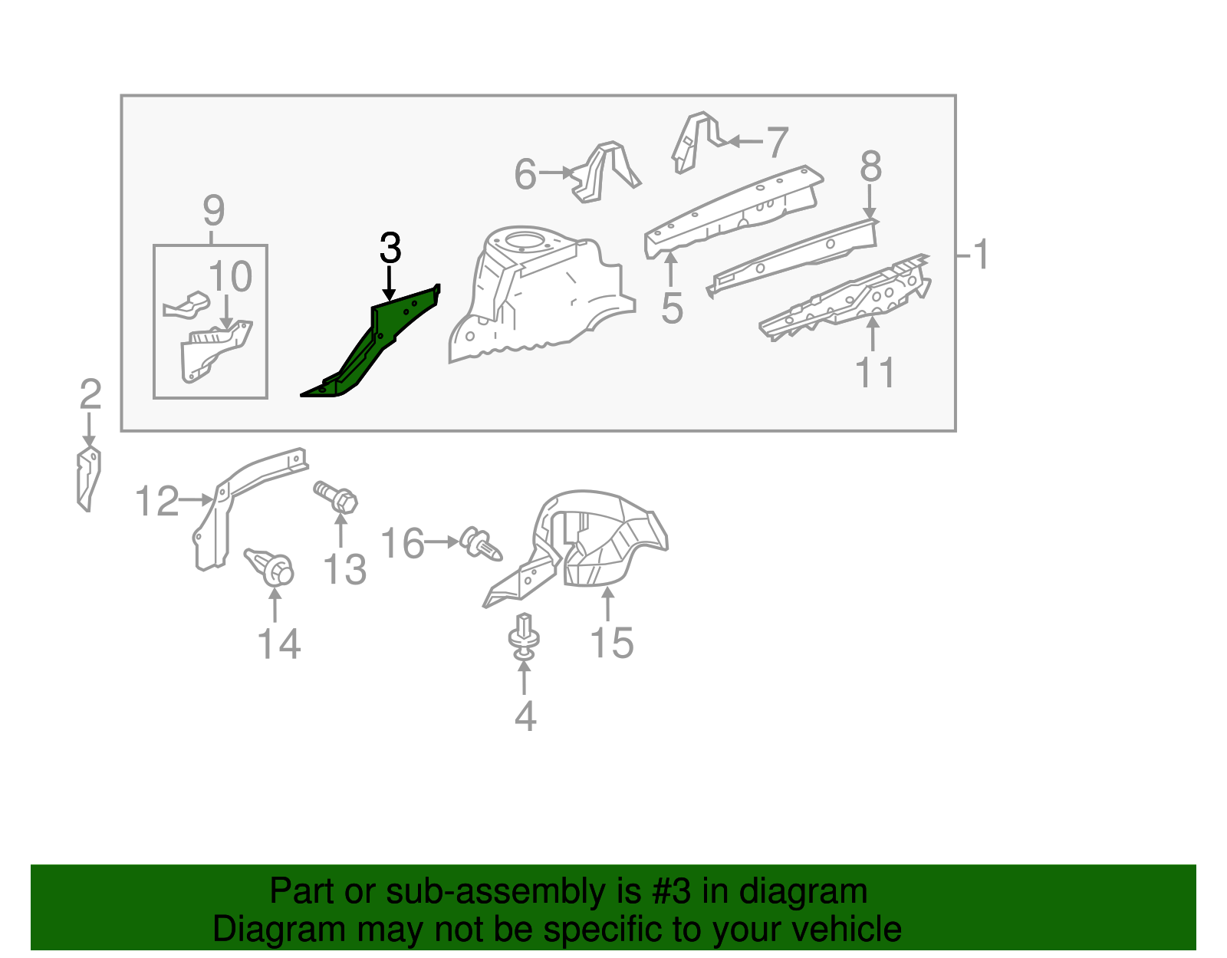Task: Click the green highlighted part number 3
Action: click(376, 345)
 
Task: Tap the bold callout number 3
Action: click(390, 249)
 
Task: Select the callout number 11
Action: click(874, 374)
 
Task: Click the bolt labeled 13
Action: click(337, 496)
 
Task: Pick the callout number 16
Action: click(403, 543)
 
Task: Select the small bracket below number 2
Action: click(89, 479)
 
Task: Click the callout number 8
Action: click(870, 166)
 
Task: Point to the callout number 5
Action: click(672, 308)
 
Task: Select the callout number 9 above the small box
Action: click(214, 209)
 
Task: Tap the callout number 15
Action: click(612, 642)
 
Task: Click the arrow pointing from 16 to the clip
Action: click(442, 542)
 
